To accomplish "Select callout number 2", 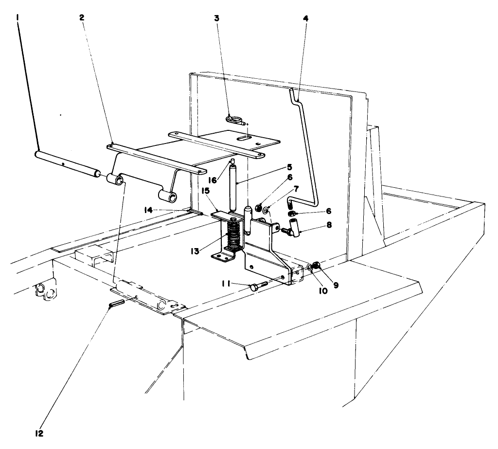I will coord(82,18).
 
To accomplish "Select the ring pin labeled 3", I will coord(235,118).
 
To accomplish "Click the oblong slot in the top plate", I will coord(248,140).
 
